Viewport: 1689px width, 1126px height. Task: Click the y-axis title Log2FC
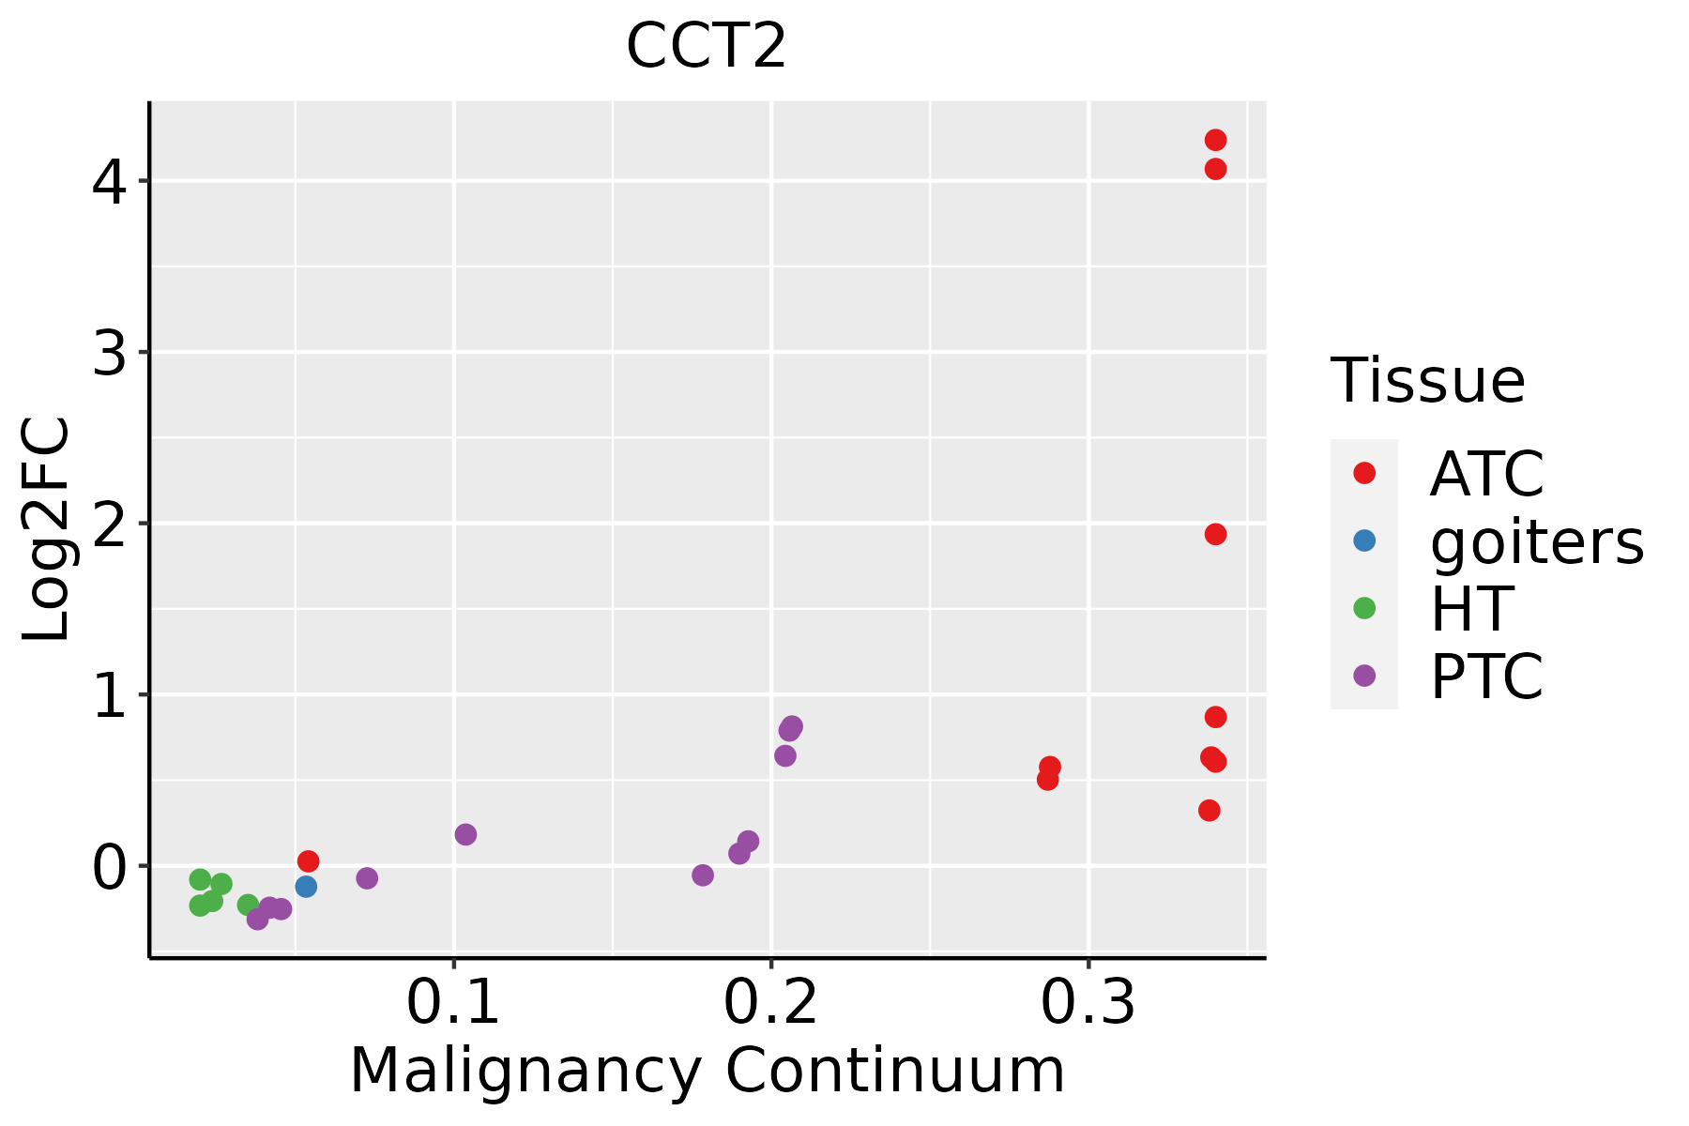coord(47,529)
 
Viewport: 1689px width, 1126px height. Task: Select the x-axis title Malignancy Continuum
coord(707,1072)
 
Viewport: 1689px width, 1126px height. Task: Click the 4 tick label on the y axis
coord(110,181)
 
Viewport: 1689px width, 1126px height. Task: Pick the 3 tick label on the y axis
coord(110,353)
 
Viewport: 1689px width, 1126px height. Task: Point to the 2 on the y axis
coord(110,524)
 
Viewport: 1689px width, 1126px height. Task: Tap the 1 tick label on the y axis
coord(110,695)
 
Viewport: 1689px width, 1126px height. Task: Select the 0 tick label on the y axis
coord(110,866)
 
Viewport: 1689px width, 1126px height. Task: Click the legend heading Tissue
coord(1427,381)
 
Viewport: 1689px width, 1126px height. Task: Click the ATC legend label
coord(1486,474)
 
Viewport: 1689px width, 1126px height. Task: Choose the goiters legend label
coord(1536,541)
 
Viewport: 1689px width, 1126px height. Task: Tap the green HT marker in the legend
coord(1364,608)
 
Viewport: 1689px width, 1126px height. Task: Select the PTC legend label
coord(1486,676)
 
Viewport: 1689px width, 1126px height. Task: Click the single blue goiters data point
coord(306,887)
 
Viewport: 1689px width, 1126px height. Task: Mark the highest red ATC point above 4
coord(1215,140)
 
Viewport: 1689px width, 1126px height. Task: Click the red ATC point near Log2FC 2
coord(1215,534)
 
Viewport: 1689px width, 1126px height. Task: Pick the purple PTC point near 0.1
coord(465,834)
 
